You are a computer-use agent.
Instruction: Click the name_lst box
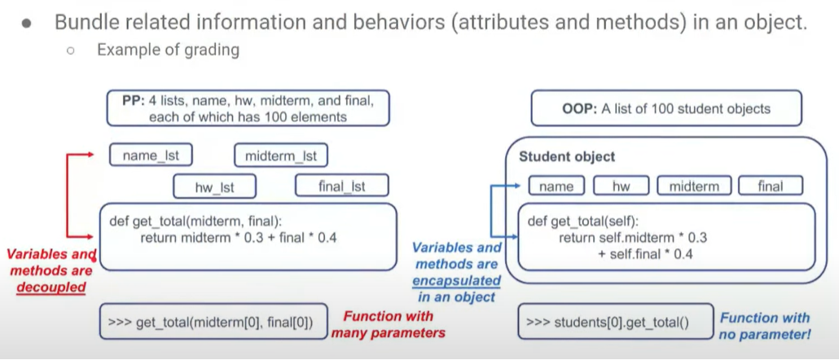coord(151,155)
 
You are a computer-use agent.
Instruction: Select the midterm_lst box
coord(281,155)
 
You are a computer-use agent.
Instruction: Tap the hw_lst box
coord(214,187)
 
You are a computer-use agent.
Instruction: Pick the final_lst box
coord(341,187)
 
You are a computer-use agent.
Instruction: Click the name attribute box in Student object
coord(556,187)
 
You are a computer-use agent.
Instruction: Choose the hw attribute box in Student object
coord(621,187)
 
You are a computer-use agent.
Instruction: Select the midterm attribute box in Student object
coord(694,187)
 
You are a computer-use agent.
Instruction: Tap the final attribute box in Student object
coord(770,187)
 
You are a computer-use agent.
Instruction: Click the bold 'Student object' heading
coord(567,156)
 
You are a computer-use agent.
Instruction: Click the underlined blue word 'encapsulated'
coord(456,280)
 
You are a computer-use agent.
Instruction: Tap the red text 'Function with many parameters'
coord(389,324)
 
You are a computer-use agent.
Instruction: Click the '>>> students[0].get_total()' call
coord(608,322)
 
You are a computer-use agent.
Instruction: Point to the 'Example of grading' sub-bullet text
coord(168,50)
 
